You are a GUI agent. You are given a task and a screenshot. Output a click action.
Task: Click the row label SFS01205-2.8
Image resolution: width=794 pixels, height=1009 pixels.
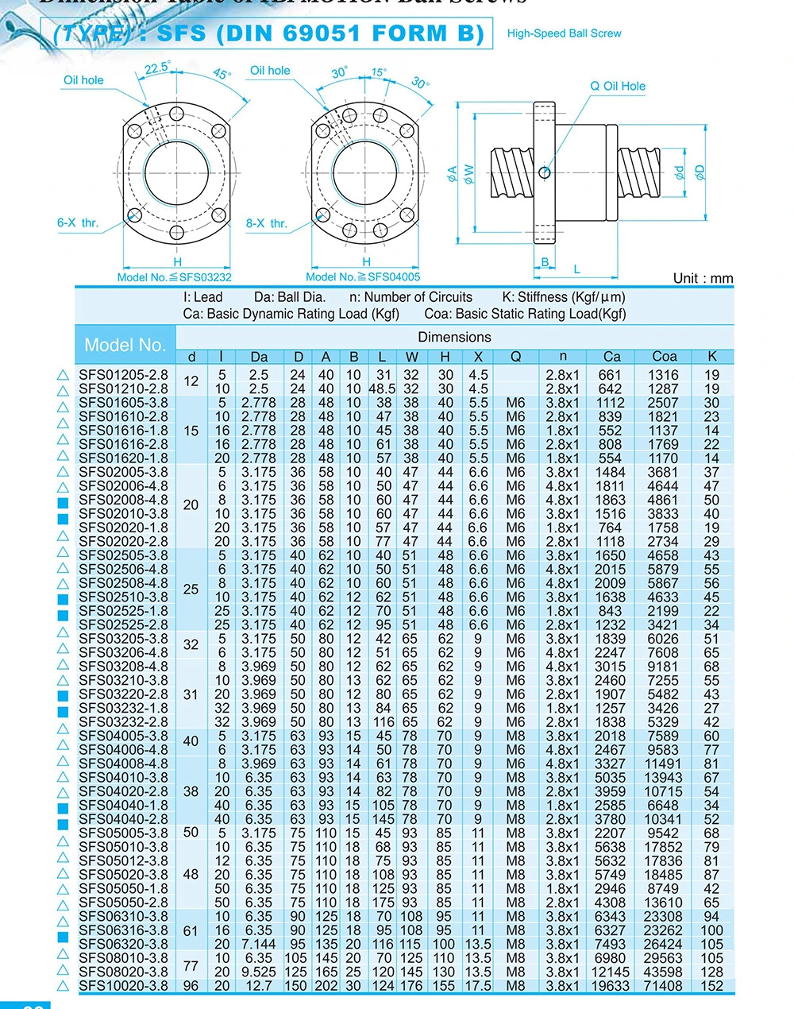pos(123,375)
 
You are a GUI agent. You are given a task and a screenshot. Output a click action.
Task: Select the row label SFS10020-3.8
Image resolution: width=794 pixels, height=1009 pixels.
pos(123,986)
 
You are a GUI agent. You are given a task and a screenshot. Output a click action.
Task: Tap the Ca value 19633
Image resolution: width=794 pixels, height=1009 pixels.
pos(610,986)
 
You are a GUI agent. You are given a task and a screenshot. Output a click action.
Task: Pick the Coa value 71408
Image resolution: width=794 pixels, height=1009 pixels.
pos(663,986)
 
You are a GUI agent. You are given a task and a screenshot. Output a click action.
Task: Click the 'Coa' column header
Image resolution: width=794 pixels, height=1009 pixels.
pos(664,357)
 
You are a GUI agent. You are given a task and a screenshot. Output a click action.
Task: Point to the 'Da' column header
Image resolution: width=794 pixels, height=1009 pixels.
pos(259,357)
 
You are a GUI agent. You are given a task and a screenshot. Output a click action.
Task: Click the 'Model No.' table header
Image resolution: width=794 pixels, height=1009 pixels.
pos(125,345)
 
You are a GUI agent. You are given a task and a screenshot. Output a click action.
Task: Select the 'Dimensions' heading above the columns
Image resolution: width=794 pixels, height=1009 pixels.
pos(454,337)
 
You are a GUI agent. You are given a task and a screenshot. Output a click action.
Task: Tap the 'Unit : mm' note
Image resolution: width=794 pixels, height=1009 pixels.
pos(703,278)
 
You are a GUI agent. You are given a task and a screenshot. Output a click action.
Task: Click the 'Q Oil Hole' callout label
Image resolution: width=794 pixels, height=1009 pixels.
pos(618,86)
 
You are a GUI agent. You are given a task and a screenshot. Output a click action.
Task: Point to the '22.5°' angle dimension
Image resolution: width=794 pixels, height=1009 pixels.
pos(157,68)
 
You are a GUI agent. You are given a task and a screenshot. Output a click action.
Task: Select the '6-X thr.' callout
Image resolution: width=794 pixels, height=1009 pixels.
pos(77,223)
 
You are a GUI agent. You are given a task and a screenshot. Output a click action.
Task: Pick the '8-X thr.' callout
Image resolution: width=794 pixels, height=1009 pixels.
pos(266,224)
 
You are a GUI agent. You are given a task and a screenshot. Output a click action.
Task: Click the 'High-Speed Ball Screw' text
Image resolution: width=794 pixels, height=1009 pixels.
pos(564,33)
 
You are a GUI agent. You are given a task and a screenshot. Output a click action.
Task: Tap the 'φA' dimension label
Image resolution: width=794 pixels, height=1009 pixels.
pos(452,173)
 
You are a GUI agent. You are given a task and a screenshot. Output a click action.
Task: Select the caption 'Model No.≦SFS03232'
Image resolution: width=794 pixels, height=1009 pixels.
pos(174,276)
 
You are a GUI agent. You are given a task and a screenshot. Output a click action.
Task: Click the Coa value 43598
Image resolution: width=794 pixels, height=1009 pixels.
pos(663,972)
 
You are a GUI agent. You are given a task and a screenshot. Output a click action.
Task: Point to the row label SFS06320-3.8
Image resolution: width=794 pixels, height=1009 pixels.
pos(123,944)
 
